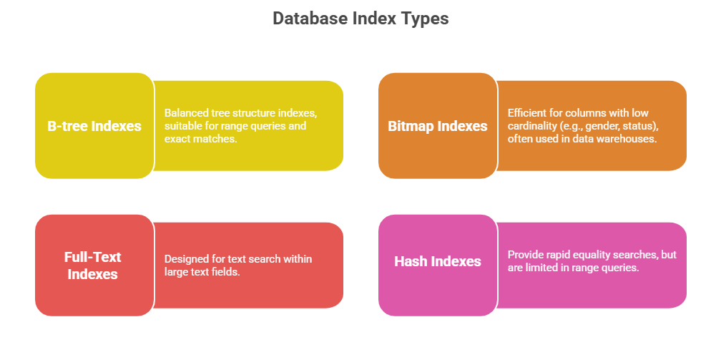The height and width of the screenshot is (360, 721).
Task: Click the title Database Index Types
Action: pyautogui.click(x=360, y=19)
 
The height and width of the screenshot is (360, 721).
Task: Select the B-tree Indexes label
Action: pyautogui.click(x=94, y=126)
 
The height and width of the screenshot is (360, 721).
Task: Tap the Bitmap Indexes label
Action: pyautogui.click(x=437, y=126)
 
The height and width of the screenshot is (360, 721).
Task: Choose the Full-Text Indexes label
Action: pyautogui.click(x=93, y=266)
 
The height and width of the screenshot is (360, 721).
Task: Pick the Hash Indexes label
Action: pyautogui.click(x=437, y=261)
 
